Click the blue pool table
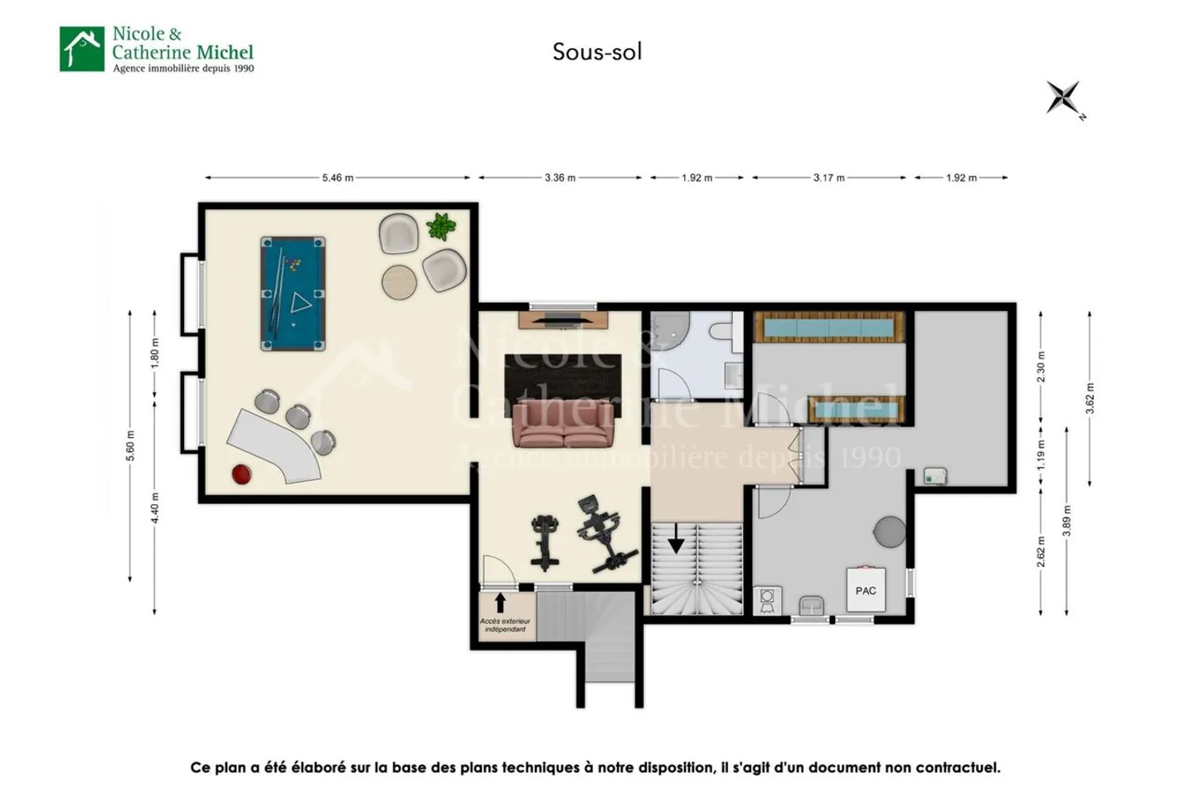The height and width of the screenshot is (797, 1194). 293,294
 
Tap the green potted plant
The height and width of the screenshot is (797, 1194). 441,226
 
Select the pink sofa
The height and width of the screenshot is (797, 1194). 564,424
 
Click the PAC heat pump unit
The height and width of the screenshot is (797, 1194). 866,590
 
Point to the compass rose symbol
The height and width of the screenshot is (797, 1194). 1063,98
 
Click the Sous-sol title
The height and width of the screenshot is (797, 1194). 597,51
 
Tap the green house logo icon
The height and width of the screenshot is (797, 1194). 82,49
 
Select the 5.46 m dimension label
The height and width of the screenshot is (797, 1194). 337,177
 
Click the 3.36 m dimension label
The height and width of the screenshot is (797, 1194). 560,177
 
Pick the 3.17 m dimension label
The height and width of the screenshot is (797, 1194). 828,177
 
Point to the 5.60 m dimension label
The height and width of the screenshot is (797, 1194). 130,446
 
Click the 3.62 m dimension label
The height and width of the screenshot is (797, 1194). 1090,398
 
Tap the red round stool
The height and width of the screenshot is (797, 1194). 240,474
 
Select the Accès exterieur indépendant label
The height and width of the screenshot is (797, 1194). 504,624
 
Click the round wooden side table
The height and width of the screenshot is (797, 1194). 399,282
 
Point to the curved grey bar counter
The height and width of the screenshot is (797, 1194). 274,444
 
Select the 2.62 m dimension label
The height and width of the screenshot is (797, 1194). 1041,552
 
